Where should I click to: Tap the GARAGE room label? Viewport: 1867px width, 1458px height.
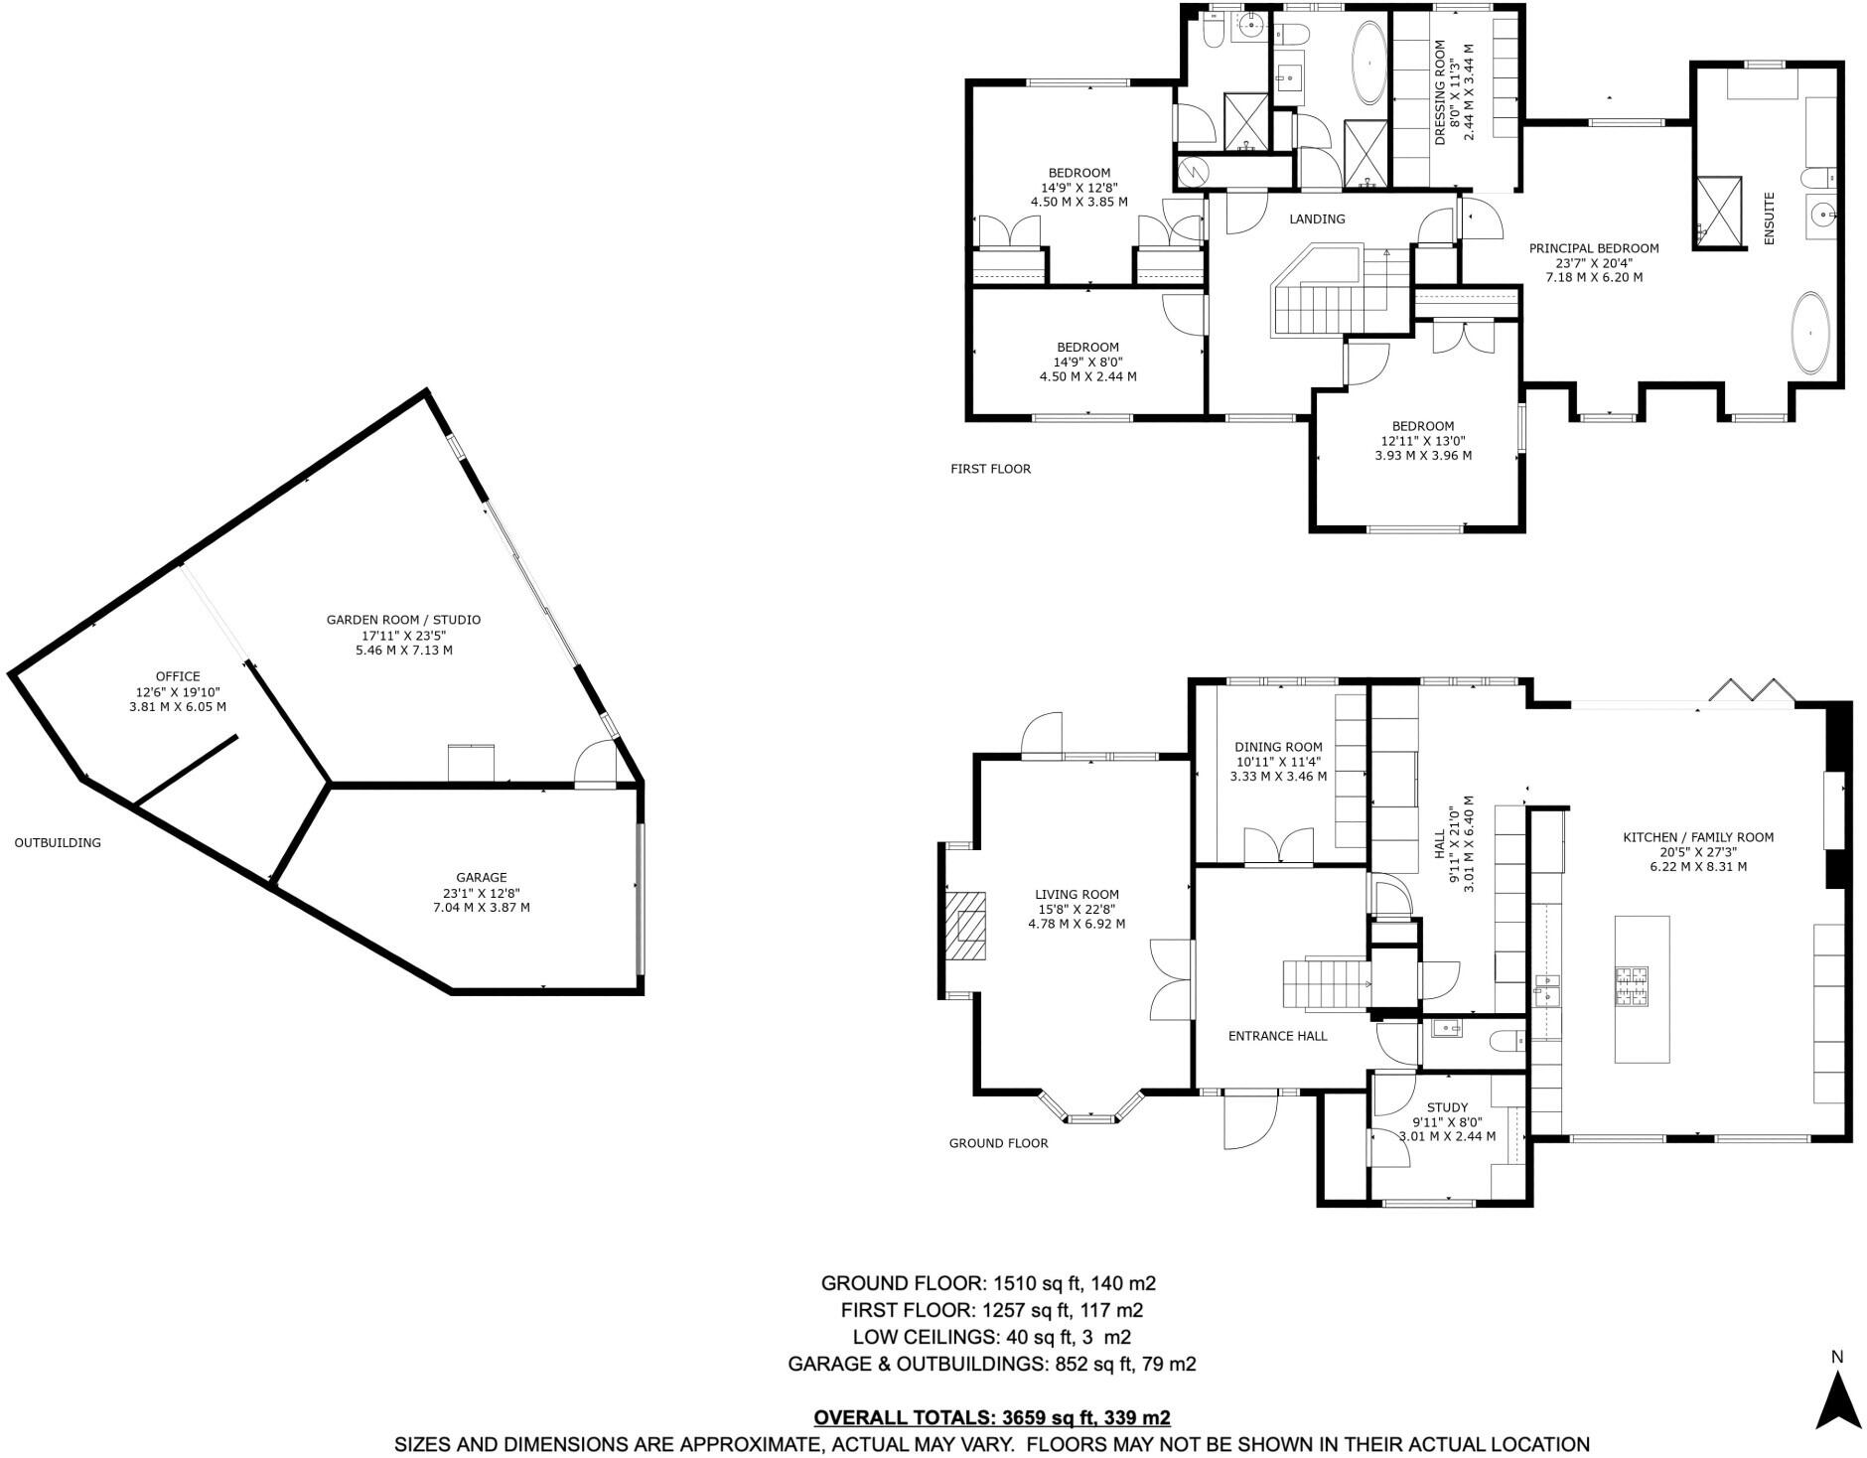pyautogui.click(x=482, y=878)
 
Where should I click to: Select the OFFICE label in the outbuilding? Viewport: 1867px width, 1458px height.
pyautogui.click(x=178, y=677)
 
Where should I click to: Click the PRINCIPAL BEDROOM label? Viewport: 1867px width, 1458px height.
pyautogui.click(x=1593, y=249)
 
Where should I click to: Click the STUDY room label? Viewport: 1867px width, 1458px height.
pyautogui.click(x=1447, y=1107)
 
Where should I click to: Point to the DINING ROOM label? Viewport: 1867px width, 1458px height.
pyautogui.click(x=1278, y=747)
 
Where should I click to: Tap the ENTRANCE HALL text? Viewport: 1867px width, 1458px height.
pyautogui.click(x=1277, y=1036)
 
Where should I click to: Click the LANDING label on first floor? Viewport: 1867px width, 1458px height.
pyautogui.click(x=1317, y=219)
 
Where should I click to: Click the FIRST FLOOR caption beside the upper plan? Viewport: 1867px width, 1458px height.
pyautogui.click(x=990, y=469)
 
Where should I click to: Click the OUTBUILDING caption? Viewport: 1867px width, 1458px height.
pyautogui.click(x=58, y=843)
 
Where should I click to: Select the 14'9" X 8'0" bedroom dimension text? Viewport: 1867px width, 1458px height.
pyautogui.click(x=1087, y=363)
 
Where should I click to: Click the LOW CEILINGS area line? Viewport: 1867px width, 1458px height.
pyautogui.click(x=991, y=1337)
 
